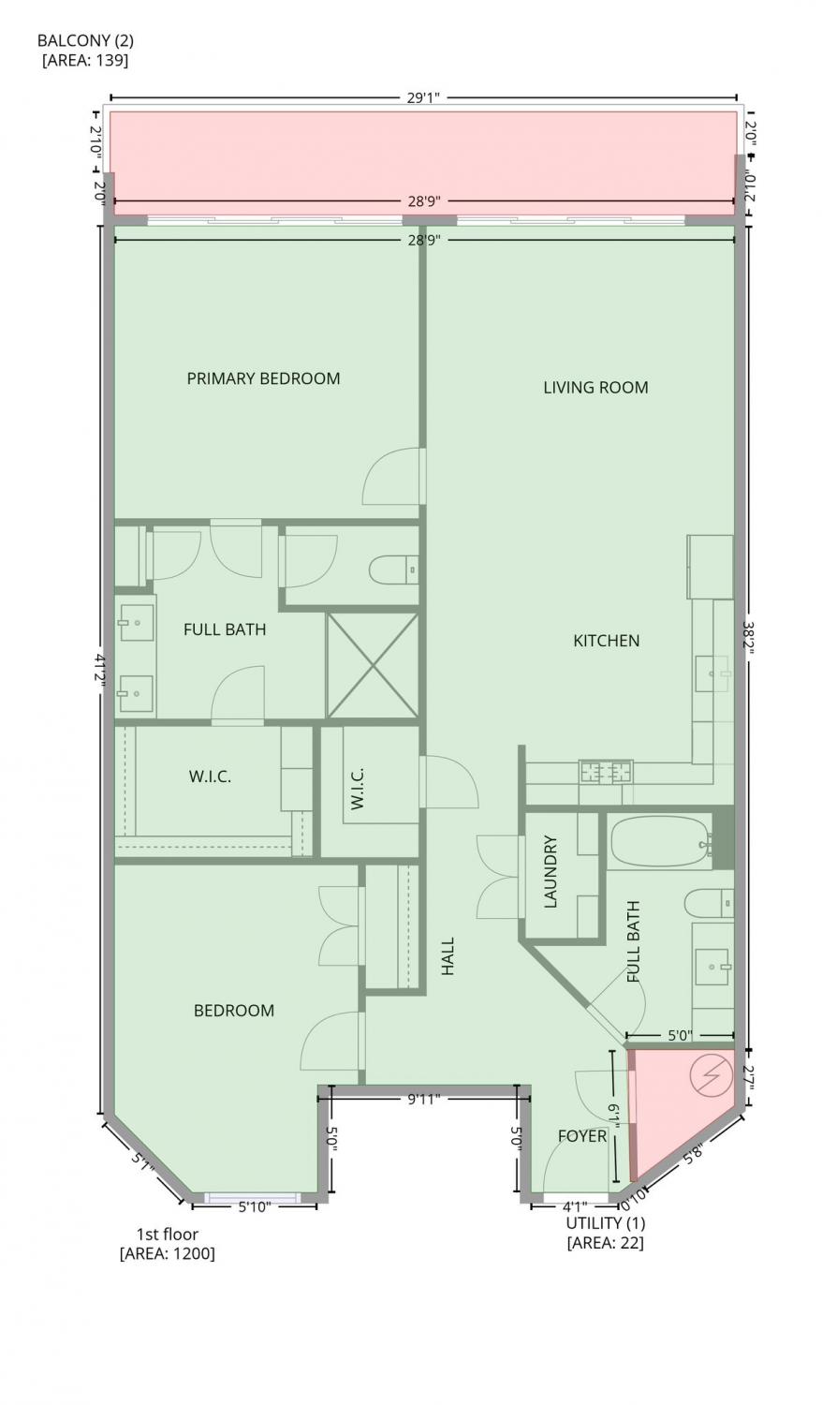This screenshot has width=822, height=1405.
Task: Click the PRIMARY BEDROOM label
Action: pos(263,378)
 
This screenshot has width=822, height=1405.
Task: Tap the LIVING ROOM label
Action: pos(595,388)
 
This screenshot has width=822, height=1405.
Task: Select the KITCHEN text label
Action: pos(607,641)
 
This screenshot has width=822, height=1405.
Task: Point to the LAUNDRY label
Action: pos(550,872)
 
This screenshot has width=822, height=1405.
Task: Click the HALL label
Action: pos(448,956)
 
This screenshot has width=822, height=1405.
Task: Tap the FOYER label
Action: pos(582,1136)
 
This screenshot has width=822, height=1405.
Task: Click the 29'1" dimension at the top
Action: pos(424,97)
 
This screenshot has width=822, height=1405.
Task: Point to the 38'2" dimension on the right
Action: pos(751,637)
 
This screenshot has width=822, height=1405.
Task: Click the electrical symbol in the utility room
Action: pos(711,1075)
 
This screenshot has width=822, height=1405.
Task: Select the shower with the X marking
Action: pos(373,665)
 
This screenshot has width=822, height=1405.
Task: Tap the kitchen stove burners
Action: pos(606,771)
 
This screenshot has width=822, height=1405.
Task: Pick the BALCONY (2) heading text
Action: pos(85,41)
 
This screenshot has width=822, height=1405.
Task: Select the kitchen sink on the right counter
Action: pos(712,673)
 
